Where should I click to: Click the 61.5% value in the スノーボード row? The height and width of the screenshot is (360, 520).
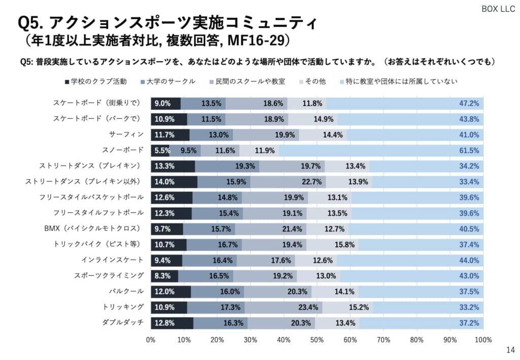[x=469, y=150]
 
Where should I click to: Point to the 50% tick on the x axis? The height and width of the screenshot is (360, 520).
[x=317, y=339]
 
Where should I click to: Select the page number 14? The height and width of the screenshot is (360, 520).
[x=510, y=350]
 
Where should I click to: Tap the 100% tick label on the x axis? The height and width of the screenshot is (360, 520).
[x=483, y=339]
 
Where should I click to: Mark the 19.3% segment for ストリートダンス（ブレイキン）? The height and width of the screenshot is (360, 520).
[x=227, y=166]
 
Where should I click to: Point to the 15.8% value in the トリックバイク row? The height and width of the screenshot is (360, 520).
[x=345, y=244]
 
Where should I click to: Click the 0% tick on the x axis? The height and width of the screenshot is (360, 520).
[x=151, y=339]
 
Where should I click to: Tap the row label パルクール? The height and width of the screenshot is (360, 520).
[x=126, y=291]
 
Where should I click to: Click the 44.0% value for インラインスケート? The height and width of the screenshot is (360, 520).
[x=469, y=260]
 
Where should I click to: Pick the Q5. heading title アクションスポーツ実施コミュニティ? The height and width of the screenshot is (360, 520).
[x=168, y=23]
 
